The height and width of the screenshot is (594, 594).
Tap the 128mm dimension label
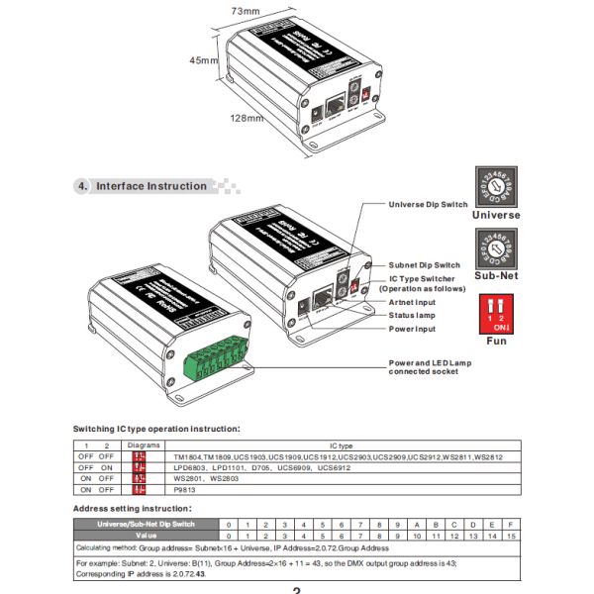point(247,119)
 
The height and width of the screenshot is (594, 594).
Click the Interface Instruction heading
point(150,186)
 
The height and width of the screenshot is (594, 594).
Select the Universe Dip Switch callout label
point(428,205)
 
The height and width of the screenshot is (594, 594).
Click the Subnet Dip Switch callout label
point(424,265)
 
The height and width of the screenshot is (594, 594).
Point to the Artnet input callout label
point(412,303)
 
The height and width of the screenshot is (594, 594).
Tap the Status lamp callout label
point(412,316)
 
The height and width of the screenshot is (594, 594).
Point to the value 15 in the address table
point(510,536)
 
